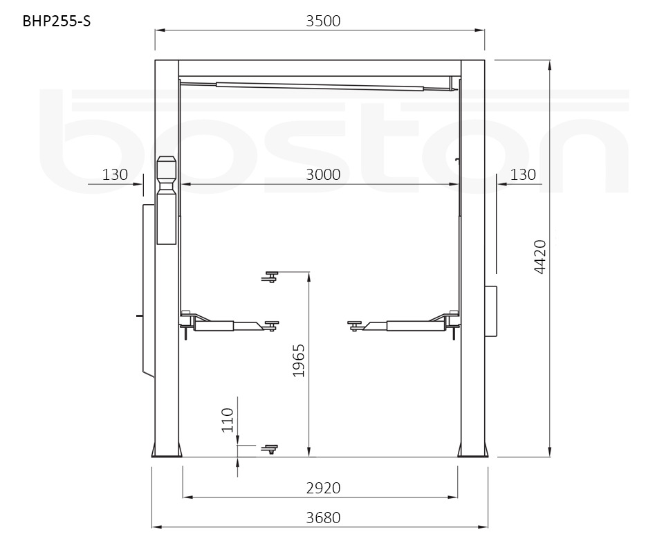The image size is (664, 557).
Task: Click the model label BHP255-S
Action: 57,21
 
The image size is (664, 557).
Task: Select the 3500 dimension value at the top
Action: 323,21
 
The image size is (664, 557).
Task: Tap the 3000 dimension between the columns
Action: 323,174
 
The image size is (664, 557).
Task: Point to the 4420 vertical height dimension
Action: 541,257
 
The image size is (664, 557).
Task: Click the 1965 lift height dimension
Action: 299,360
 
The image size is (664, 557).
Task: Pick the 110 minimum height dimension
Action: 228,420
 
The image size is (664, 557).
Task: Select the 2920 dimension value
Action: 323,488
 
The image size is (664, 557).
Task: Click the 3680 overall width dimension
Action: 323,518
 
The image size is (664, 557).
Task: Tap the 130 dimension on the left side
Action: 115,174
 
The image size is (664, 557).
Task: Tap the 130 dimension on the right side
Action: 522,174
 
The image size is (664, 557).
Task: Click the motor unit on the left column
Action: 167,201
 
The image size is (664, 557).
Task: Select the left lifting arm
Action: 225,324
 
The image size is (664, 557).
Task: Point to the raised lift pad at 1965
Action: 269,276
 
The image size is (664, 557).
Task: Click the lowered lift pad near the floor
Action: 269,449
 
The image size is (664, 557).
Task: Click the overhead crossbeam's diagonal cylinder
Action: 318,86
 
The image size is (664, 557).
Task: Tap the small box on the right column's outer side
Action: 492,311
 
